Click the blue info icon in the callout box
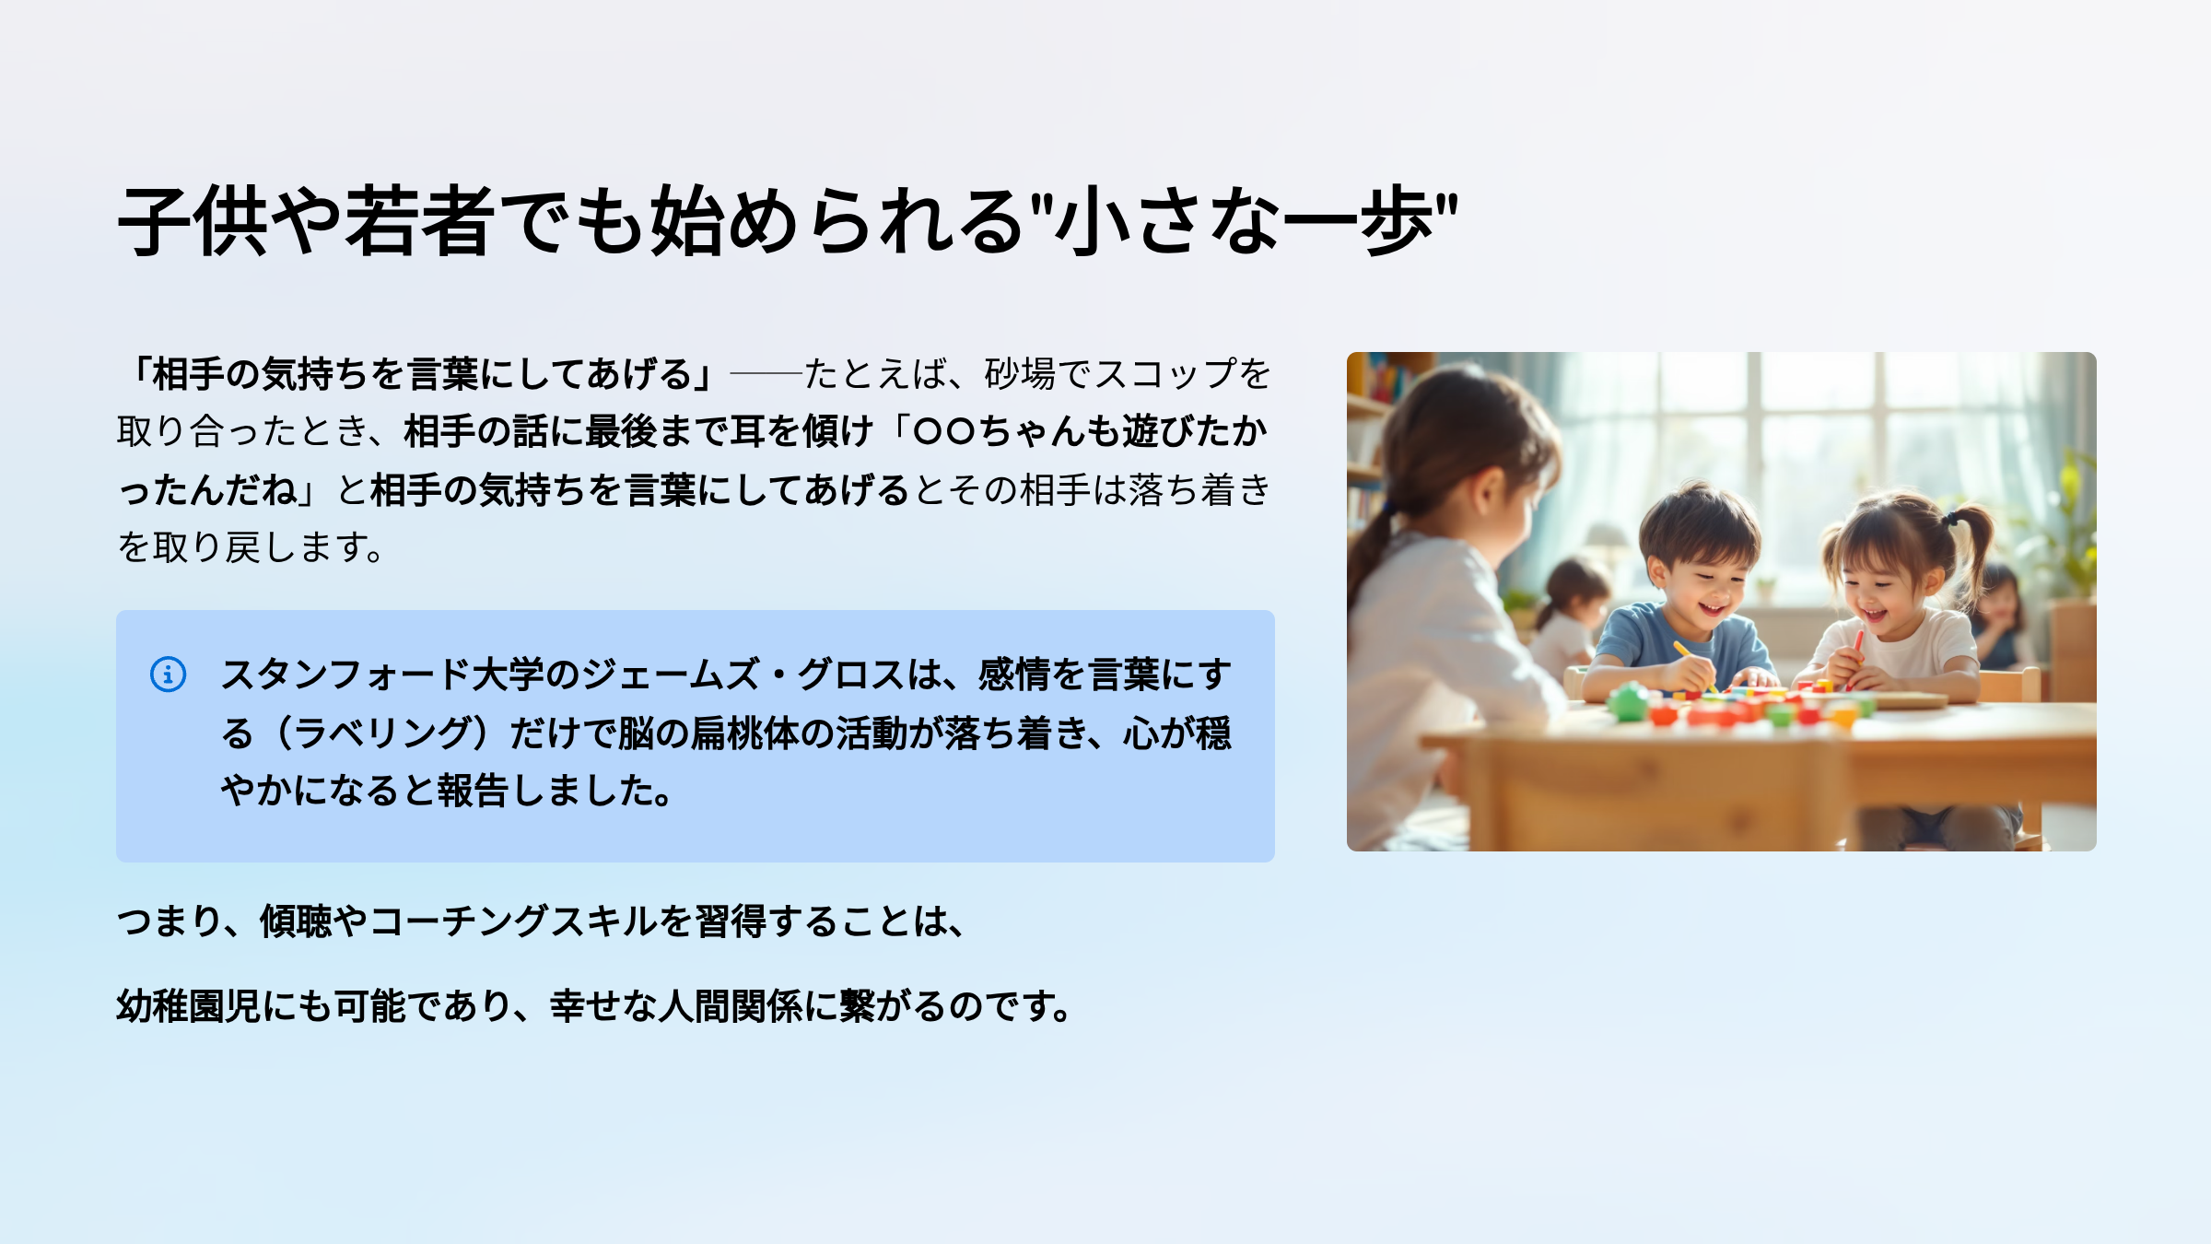click(168, 674)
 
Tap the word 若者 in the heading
click(418, 221)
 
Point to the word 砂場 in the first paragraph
click(1021, 374)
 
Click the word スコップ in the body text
click(1165, 374)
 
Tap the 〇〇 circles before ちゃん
click(944, 431)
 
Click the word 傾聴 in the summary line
click(296, 921)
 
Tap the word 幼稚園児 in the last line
click(189, 1006)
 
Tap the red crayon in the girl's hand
click(1855, 655)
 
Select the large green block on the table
click(1628, 702)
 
